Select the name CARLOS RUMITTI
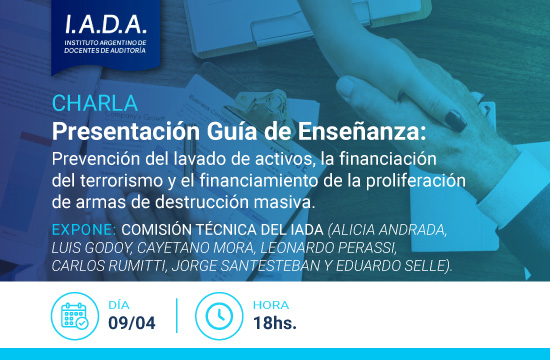pos(112,265)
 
